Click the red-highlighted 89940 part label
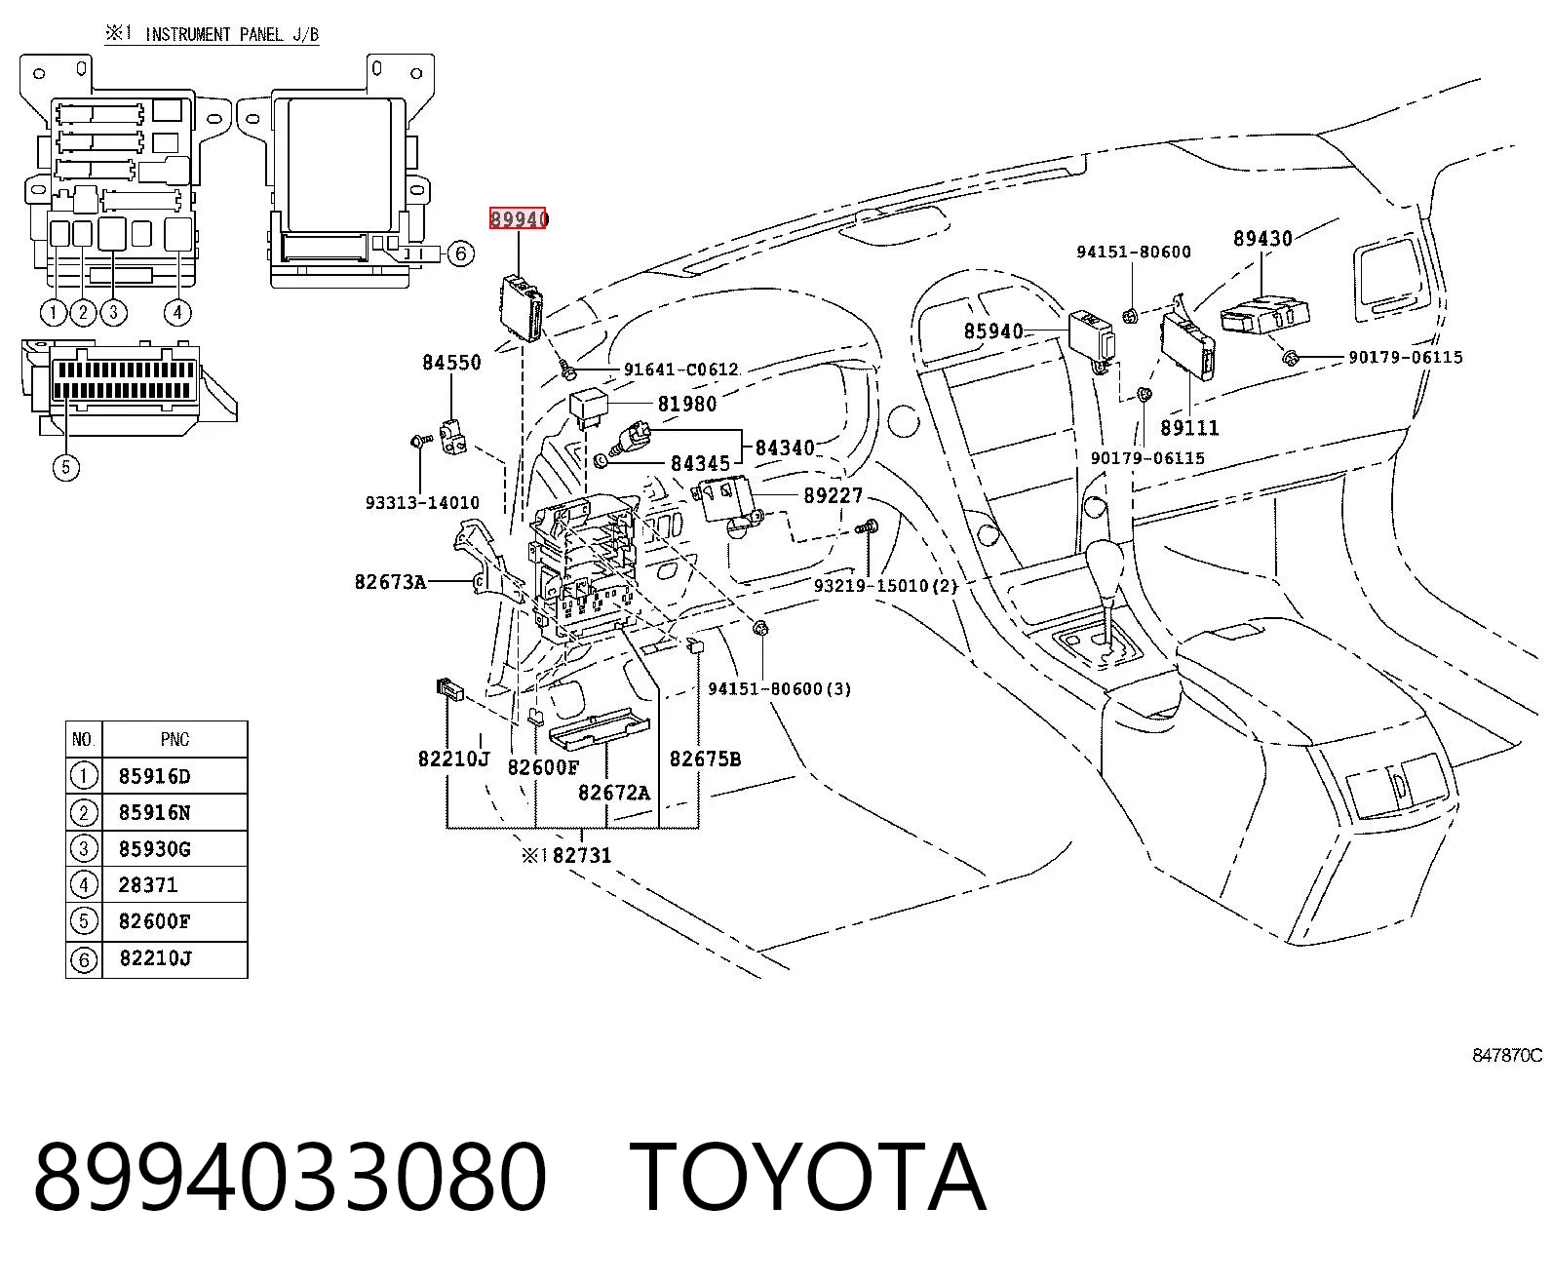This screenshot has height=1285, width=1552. pos(518,218)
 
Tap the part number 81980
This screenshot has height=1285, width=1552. pos(687,404)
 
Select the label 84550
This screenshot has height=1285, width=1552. pos(451,362)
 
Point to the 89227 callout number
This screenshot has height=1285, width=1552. pos(833,495)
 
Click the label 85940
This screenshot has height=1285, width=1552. pos(993,331)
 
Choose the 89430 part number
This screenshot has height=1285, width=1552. pos(1262,238)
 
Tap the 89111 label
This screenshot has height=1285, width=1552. pos(1189,428)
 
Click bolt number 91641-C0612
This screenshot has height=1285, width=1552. pos(680,370)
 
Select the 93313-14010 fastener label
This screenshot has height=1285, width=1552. pos(422,503)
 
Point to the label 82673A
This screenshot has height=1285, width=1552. pos(390,581)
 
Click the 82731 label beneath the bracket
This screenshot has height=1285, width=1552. pos(581,855)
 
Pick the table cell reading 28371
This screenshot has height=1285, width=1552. pos(148,885)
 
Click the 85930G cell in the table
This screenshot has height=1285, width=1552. pos(155,848)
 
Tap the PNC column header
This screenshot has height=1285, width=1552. pos(175,739)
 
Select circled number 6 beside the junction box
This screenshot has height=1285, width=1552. pos(460,253)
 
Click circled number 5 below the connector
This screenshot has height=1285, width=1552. pos(66,467)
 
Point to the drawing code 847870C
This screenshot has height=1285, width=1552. pos(1506,1055)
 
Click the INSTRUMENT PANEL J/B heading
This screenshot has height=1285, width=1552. pos(232,34)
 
